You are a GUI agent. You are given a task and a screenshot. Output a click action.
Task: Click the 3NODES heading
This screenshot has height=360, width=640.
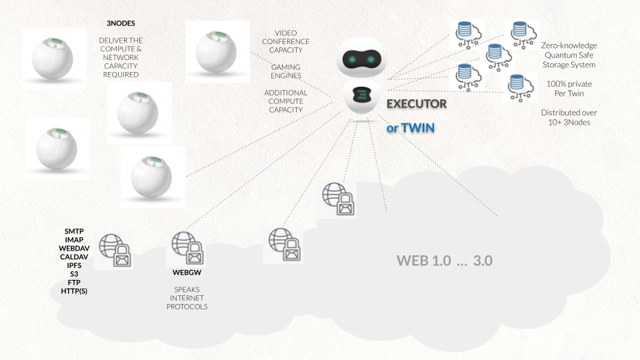pyautogui.click(x=121, y=23)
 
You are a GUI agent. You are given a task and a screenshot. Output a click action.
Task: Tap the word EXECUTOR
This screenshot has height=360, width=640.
pyautogui.click(x=417, y=105)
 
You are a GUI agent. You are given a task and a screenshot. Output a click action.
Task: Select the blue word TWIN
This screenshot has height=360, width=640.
pyautogui.click(x=417, y=127)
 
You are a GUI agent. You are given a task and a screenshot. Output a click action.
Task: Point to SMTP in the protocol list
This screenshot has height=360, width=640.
pyautogui.click(x=74, y=231)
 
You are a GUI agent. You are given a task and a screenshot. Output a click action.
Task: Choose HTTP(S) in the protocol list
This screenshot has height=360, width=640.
pyautogui.click(x=74, y=291)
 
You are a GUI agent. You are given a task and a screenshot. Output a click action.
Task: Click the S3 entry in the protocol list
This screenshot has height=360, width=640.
pyautogui.click(x=74, y=274)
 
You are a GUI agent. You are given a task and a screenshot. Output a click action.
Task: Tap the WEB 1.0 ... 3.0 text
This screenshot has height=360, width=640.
pyautogui.click(x=444, y=261)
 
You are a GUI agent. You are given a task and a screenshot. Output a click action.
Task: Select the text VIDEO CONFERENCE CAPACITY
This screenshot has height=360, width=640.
pyautogui.click(x=286, y=41)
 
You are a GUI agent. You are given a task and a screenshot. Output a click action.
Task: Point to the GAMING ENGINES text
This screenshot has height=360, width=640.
pyautogui.click(x=286, y=71)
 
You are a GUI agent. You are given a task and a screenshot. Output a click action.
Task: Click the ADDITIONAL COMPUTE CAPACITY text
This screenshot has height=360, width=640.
pyautogui.click(x=286, y=101)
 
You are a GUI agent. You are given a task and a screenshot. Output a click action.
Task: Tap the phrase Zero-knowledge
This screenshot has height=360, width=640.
pyautogui.click(x=568, y=45)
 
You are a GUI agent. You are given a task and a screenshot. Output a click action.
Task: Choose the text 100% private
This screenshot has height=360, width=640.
pyautogui.click(x=569, y=85)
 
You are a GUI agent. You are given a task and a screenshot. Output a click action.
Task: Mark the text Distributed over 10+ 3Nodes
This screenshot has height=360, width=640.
pyautogui.click(x=569, y=117)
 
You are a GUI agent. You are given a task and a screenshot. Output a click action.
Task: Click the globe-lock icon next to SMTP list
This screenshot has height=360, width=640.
pyautogui.click(x=115, y=250)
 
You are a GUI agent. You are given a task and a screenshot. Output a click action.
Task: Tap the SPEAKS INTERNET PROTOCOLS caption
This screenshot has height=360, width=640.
pyautogui.click(x=187, y=298)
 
